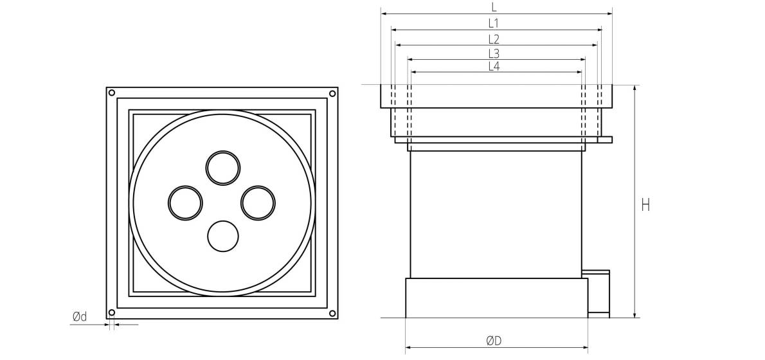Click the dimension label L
click(494, 7)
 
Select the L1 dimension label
click(494, 23)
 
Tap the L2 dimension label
click(494, 39)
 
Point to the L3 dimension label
click(494, 53)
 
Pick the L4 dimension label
click(494, 66)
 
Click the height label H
click(645, 205)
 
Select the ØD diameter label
click(494, 341)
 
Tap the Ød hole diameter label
click(80, 317)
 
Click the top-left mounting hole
click(112, 93)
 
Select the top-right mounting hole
click(332, 93)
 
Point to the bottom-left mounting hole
click(112, 312)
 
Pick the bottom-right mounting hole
click(332, 313)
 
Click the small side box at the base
click(598, 294)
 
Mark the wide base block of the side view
click(497, 298)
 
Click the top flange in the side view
click(496, 96)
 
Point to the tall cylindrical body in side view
click(496, 215)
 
